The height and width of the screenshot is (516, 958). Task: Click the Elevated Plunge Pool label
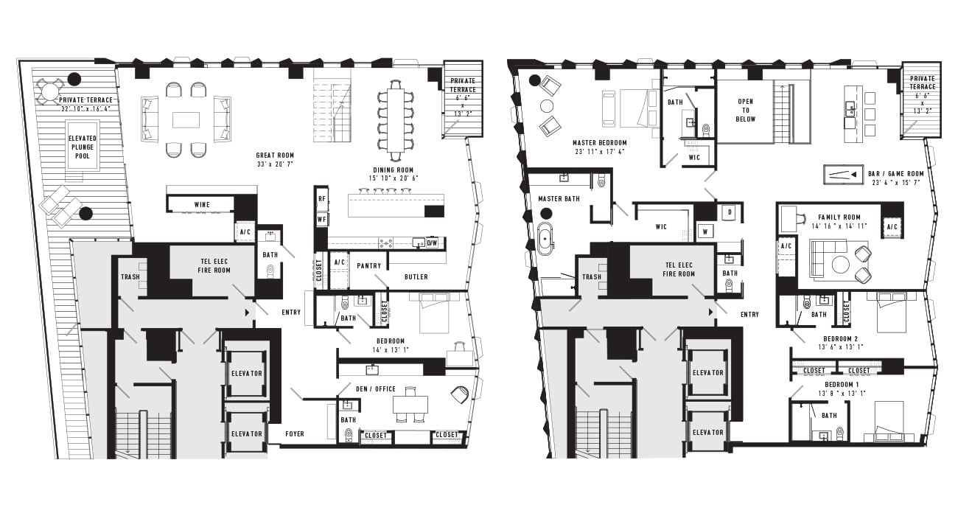(83, 147)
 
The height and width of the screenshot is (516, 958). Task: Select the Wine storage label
(202, 204)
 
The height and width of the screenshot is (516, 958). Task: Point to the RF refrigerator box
(321, 198)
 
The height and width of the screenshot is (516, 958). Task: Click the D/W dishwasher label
(432, 243)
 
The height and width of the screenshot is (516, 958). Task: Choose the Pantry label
(368, 265)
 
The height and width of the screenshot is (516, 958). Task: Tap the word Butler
(416, 277)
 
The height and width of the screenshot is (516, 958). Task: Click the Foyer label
(295, 434)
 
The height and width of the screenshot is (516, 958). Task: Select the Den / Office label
(376, 389)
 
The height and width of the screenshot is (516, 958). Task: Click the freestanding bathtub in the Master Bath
(545, 238)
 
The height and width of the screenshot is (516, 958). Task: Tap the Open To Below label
(746, 111)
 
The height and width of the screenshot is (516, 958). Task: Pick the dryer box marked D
(730, 212)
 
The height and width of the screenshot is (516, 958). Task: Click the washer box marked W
(704, 231)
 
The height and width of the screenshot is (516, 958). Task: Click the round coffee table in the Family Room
(840, 265)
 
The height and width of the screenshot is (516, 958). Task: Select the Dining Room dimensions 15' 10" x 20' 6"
(394, 178)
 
